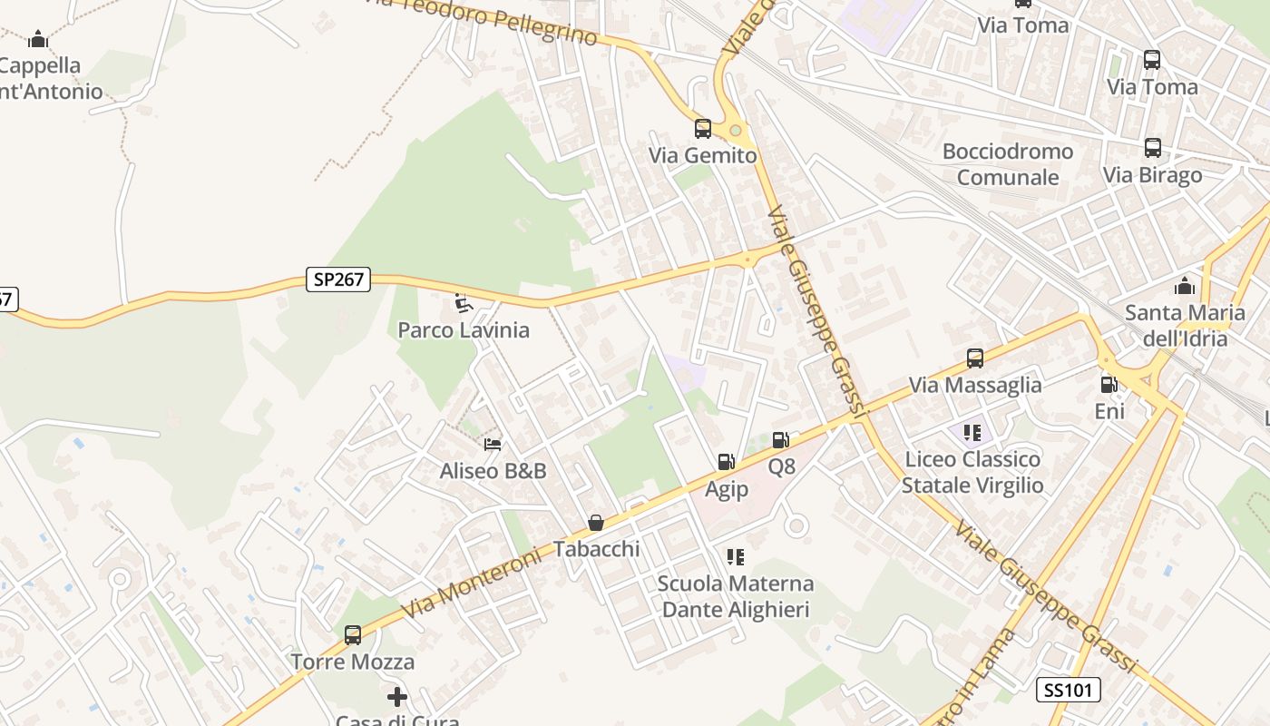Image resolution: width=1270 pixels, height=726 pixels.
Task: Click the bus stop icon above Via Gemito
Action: tap(703, 129)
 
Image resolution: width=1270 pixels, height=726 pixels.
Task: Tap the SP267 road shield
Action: tap(338, 280)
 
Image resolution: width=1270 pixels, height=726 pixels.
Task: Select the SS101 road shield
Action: tap(1068, 691)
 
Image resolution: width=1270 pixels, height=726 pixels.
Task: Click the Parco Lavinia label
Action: tap(464, 330)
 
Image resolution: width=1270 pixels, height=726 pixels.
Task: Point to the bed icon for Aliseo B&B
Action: tap(493, 445)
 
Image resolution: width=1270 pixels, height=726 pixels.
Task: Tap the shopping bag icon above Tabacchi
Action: tap(596, 523)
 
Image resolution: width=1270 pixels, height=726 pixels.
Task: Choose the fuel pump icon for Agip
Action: tap(726, 462)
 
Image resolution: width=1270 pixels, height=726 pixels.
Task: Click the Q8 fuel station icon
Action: tap(780, 440)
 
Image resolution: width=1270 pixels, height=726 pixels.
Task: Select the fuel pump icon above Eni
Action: tap(1109, 385)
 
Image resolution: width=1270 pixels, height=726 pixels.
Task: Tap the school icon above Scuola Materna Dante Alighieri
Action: tap(735, 556)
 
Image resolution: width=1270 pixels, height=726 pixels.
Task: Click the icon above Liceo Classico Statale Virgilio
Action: tap(972, 432)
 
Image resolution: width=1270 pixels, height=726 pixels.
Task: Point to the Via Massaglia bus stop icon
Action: tap(975, 358)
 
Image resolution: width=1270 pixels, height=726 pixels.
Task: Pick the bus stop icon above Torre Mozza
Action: tap(353, 635)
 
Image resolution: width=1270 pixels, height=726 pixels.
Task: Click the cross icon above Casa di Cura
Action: tap(397, 697)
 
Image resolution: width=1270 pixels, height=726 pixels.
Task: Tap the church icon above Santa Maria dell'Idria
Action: tap(1185, 287)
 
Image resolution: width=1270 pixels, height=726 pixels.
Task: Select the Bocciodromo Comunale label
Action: tap(1008, 164)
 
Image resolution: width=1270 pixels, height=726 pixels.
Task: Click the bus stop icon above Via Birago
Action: tap(1153, 148)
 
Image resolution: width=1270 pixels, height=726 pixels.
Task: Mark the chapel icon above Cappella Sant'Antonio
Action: tap(38, 39)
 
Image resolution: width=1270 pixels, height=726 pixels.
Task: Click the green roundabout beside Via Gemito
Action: tap(736, 131)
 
